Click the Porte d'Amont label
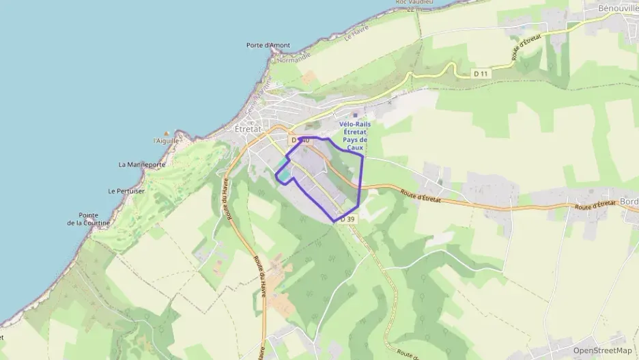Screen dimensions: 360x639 [268, 46]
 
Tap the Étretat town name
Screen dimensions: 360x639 [248, 128]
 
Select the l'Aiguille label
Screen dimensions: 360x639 [167, 141]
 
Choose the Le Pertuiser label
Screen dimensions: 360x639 [126, 191]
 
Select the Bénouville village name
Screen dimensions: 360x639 [611, 6]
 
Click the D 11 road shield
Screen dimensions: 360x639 [481, 73]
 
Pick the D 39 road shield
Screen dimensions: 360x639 [347, 219]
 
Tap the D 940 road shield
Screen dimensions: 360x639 [300, 140]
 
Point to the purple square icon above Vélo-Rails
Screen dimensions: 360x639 [354, 115]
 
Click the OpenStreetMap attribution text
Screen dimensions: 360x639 [602, 350]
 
